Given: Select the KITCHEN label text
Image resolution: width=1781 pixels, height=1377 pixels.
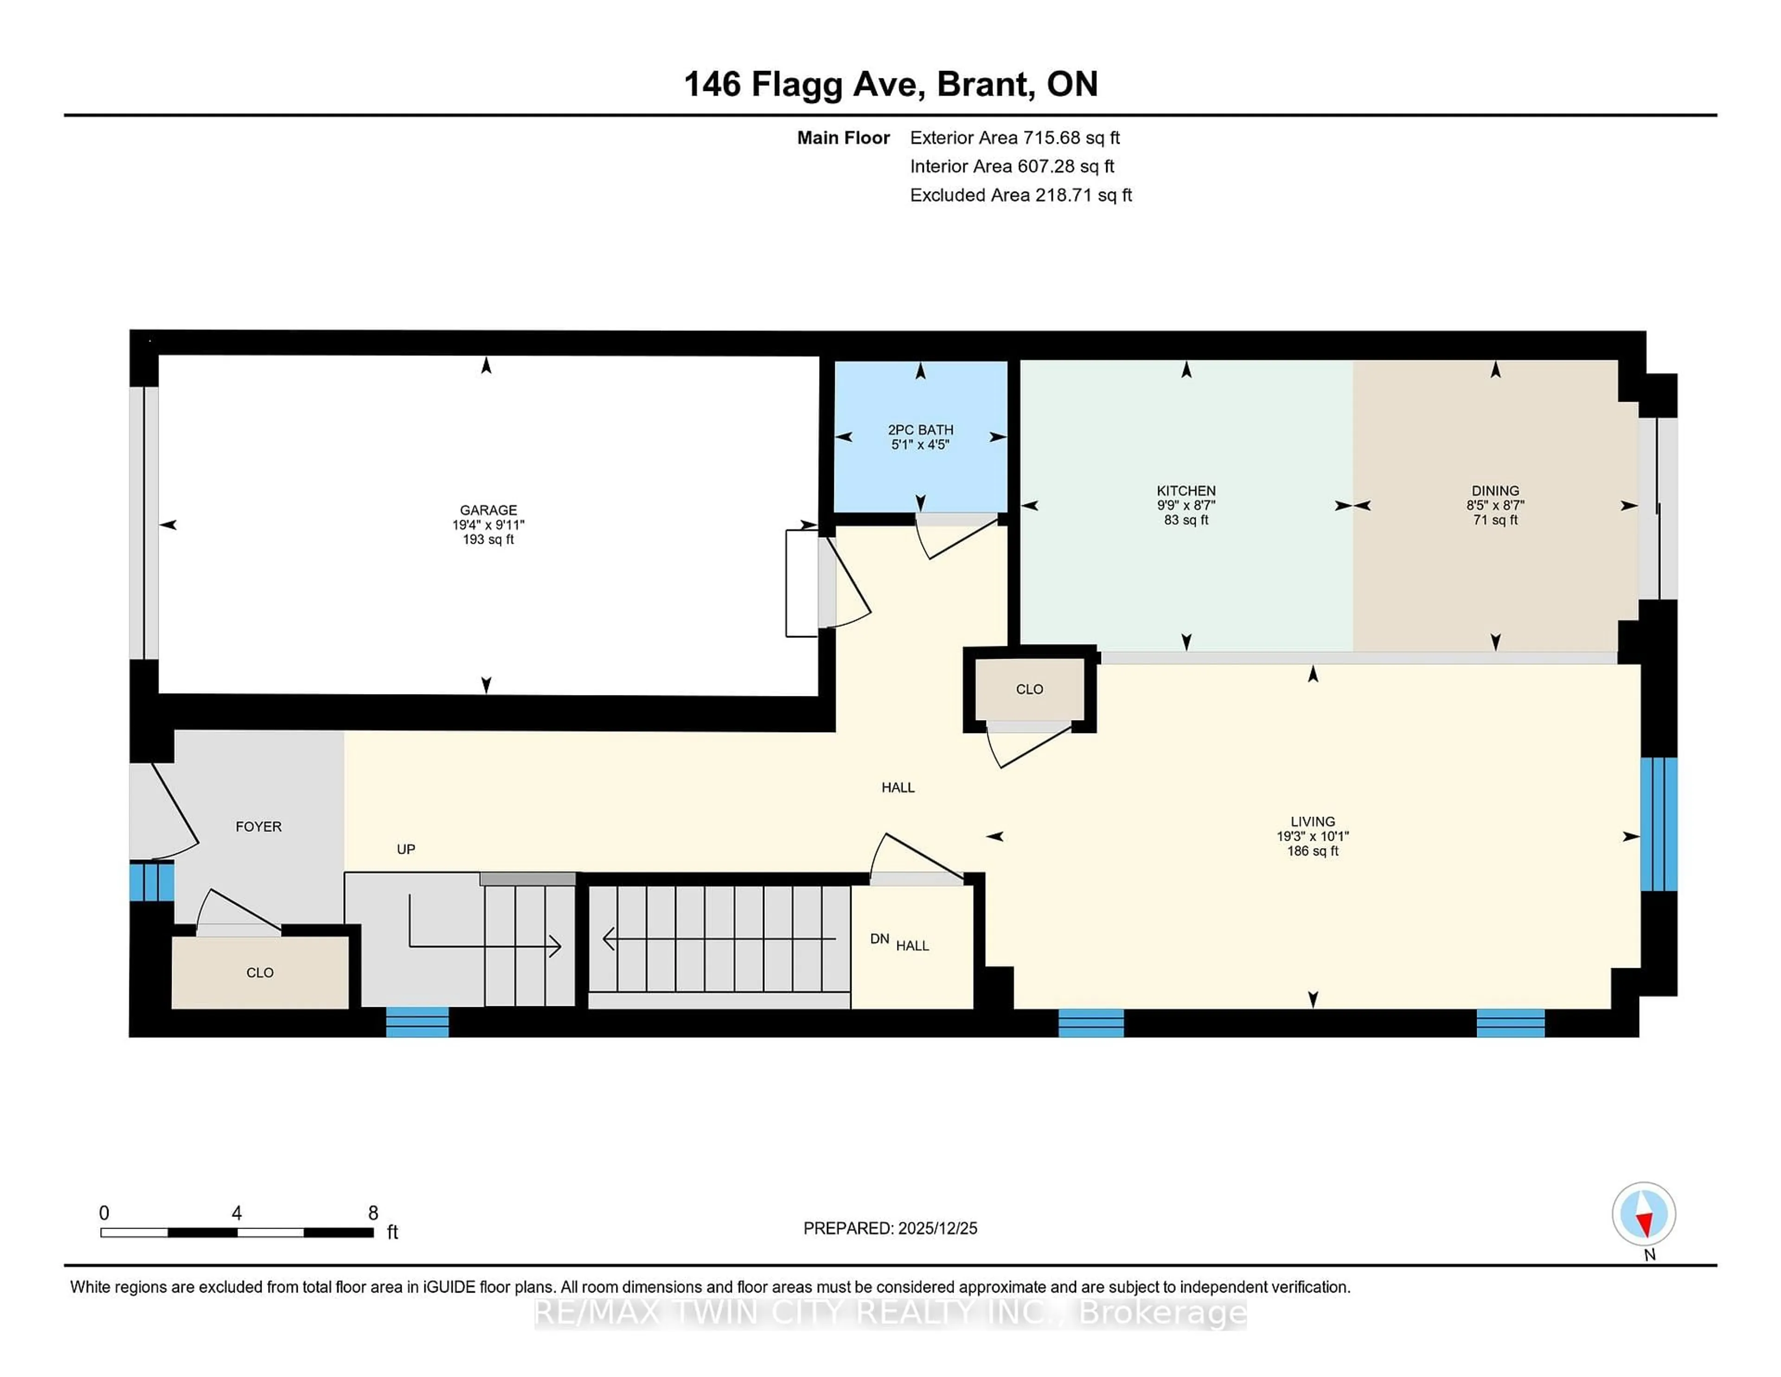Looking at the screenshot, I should [1185, 491].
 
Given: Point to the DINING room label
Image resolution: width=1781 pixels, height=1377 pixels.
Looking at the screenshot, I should [1495, 491].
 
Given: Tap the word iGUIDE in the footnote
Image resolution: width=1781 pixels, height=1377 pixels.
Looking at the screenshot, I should [448, 1287].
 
